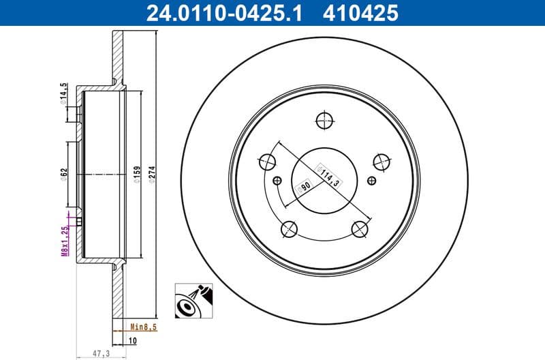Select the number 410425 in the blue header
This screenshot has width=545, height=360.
pyautogui.click(x=362, y=12)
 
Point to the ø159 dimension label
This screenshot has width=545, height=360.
pyautogui.click(x=136, y=176)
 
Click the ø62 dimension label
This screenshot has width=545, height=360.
pyautogui.click(x=64, y=174)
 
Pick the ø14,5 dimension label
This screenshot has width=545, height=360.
pyautogui.click(x=64, y=93)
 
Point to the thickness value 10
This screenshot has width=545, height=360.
pyautogui.click(x=134, y=340)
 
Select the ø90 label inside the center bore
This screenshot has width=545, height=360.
pyautogui.click(x=303, y=187)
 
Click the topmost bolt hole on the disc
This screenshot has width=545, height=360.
pyautogui.click(x=324, y=120)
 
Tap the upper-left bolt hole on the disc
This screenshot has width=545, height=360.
pyautogui.click(x=267, y=162)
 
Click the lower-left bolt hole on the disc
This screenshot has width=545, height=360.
pyautogui.click(x=289, y=228)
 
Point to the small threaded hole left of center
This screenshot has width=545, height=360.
pyautogui.click(x=277, y=181)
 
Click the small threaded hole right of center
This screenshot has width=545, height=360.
pyautogui.click(x=371, y=181)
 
